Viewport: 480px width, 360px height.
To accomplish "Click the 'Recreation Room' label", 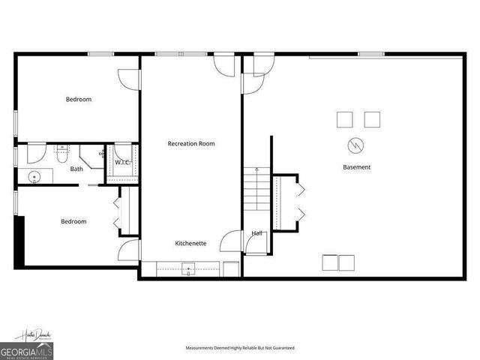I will (191, 143).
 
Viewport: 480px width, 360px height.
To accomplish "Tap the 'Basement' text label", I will (356, 167).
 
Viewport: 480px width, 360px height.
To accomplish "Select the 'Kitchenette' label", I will (191, 244).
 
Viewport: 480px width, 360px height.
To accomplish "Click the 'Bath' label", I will (76, 169).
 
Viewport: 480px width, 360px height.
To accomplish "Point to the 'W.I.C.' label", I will (121, 162).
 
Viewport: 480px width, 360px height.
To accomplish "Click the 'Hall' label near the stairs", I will (256, 233).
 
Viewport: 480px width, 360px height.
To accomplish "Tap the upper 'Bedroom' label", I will (78, 99).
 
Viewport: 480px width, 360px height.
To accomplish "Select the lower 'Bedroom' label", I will (73, 221).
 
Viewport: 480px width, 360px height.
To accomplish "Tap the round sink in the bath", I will (34, 178).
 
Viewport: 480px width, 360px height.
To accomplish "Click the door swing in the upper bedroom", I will (128, 77).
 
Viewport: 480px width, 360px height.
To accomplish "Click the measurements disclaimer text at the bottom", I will (240, 348).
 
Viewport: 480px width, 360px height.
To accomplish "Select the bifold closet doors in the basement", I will (301, 202).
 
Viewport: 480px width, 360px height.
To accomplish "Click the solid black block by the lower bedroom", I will (21, 240).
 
